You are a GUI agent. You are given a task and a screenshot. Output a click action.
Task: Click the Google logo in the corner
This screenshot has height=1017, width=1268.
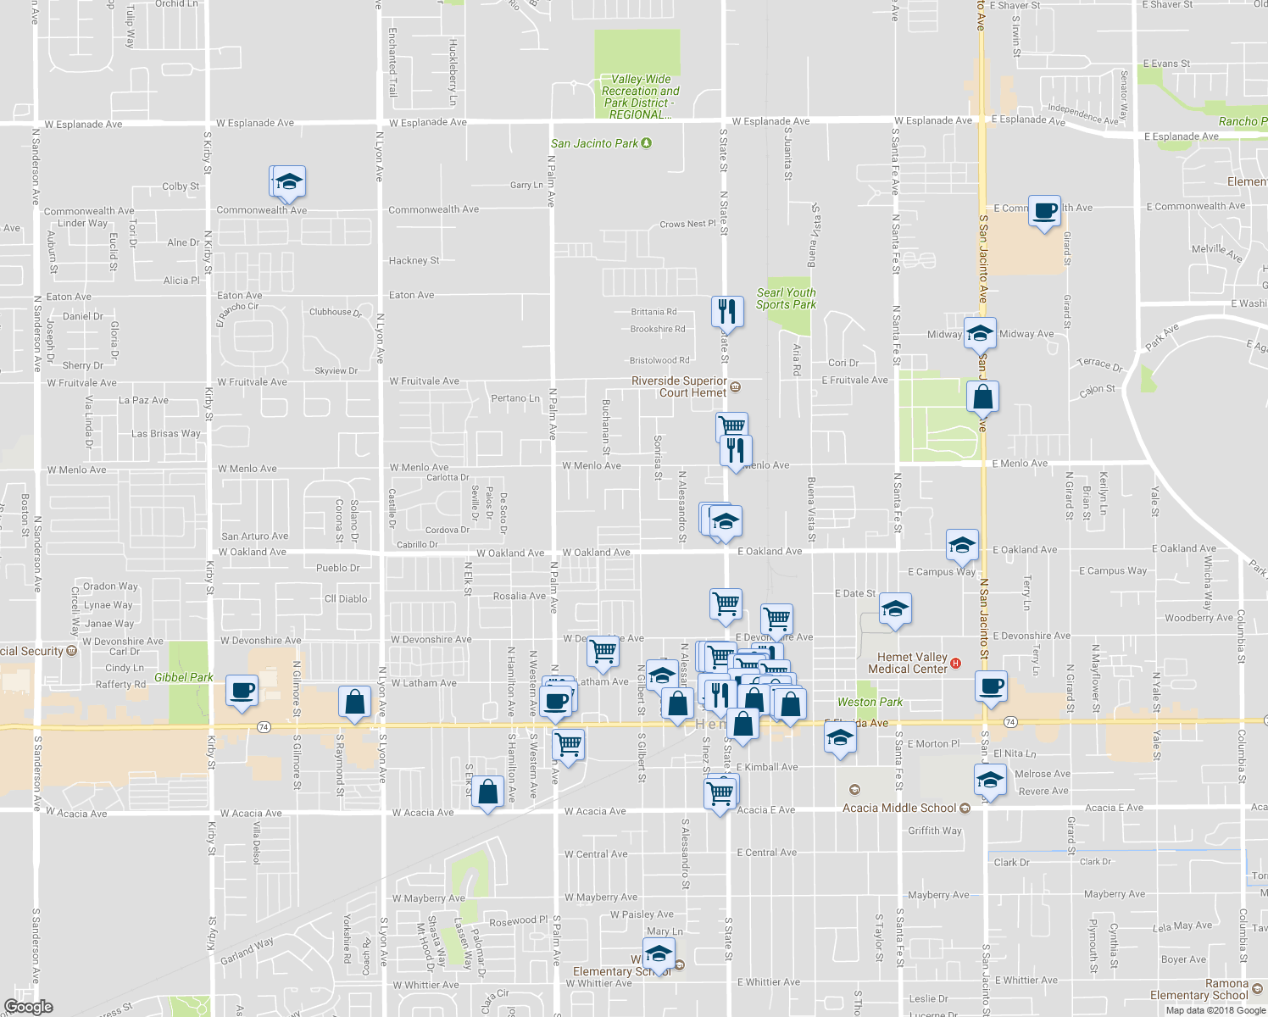[x=28, y=1006]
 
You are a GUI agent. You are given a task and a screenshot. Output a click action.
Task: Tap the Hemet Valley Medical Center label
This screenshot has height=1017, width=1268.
[x=907, y=663]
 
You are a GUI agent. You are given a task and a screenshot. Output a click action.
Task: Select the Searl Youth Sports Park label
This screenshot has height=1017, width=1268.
[x=786, y=298]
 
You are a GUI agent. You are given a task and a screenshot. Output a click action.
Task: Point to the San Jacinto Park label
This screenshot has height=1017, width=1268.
[x=595, y=143]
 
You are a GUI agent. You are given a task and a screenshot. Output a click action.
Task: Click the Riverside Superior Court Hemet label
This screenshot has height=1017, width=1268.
[x=680, y=386]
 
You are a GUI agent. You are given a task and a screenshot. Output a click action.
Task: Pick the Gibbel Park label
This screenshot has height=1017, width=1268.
[x=183, y=677]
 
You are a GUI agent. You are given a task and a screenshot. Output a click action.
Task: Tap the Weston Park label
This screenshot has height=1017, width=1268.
[x=870, y=702]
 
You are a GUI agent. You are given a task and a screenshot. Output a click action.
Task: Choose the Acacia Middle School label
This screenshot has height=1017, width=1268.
[x=899, y=808]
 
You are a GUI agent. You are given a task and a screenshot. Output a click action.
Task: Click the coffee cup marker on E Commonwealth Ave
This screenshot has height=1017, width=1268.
[x=1045, y=210]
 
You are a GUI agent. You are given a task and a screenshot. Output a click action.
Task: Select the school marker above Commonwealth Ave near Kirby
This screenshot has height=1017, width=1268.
[x=288, y=182]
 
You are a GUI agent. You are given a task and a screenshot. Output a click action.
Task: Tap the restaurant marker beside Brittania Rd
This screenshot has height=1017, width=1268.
[x=726, y=312]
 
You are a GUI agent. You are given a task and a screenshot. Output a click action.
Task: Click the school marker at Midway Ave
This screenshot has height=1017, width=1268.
[x=980, y=334]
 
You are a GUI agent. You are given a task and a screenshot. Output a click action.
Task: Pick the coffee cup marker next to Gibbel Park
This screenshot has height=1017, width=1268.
[x=242, y=691]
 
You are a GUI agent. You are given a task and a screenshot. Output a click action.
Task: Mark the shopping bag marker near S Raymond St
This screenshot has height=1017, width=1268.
[x=354, y=703]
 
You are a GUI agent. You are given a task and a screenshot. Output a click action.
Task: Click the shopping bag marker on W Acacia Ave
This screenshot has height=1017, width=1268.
[x=487, y=792]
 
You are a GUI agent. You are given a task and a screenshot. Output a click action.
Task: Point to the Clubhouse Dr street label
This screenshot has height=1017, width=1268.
[x=335, y=312]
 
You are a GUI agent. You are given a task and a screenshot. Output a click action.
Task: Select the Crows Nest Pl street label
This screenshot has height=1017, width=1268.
[x=687, y=224]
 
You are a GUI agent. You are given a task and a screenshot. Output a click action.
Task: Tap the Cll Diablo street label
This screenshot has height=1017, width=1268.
[x=346, y=598]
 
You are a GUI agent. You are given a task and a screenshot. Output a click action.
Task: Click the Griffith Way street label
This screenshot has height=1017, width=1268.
[x=935, y=831]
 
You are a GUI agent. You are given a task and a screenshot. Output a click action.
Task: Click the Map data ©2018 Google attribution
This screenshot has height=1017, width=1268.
[x=1214, y=1009]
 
